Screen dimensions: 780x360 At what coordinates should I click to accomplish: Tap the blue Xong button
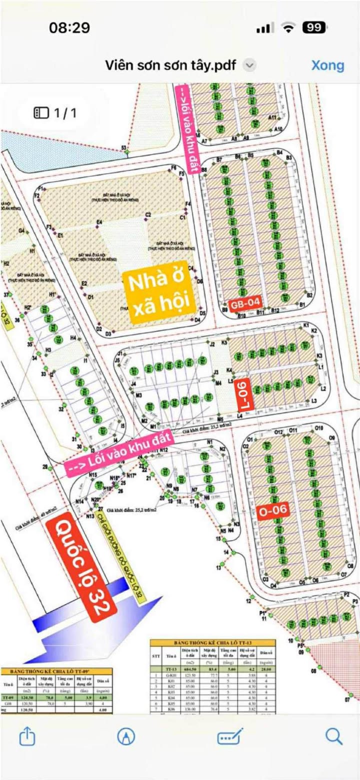pyautogui.click(x=327, y=65)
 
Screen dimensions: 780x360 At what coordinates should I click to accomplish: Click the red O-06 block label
pyautogui.click(x=273, y=510)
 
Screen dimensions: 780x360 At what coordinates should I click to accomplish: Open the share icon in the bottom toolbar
pyautogui.click(x=27, y=736)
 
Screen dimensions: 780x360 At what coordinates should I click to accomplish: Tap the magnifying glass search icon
pyautogui.click(x=333, y=736)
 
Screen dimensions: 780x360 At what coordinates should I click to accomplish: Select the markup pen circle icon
pyautogui.click(x=126, y=736)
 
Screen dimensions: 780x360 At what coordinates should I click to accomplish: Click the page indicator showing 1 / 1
pyautogui.click(x=55, y=113)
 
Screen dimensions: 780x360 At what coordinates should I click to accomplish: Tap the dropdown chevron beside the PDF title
pyautogui.click(x=249, y=65)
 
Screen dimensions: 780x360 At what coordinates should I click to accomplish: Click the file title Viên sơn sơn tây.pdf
pyautogui.click(x=170, y=65)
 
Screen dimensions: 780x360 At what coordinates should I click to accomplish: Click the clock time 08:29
pyautogui.click(x=69, y=27)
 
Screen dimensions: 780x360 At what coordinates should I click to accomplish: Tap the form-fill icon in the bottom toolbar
pyautogui.click(x=229, y=736)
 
